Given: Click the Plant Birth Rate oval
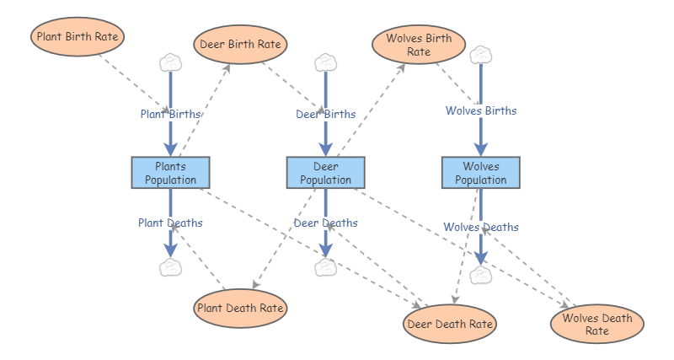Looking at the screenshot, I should point(78,37).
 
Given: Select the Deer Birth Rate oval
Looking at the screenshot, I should point(241,44).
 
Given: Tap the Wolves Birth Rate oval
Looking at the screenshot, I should point(419,45).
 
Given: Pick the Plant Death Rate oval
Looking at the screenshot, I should point(240,308).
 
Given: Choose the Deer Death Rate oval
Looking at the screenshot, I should point(450,324).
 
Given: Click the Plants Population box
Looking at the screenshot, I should point(170,173).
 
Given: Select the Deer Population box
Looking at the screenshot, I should point(325,173).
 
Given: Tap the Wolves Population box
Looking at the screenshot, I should point(481,173).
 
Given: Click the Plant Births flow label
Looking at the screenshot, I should point(170,114).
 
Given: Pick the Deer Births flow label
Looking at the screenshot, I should point(325,114).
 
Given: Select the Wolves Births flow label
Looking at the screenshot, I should point(481,110).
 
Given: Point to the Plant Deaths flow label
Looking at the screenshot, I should point(170,223).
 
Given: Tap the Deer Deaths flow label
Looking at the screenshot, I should point(325,223).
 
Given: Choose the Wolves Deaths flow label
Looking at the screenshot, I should point(481,227).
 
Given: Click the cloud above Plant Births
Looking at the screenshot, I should point(170,62).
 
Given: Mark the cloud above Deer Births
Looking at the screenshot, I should point(325,62).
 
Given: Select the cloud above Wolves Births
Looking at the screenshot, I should point(481,55).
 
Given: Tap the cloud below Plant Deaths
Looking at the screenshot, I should point(170,268).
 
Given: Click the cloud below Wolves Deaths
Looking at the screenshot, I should point(481,275).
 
